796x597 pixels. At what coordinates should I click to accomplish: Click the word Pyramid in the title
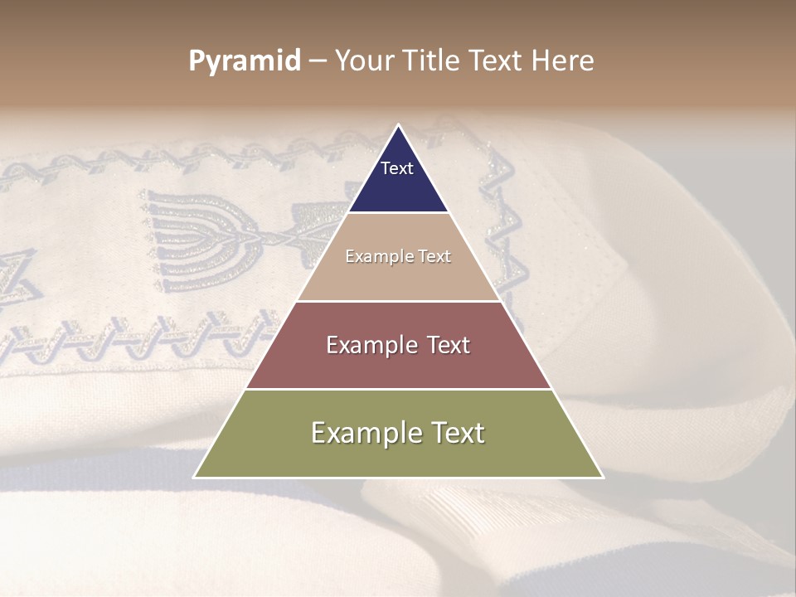coord(245,61)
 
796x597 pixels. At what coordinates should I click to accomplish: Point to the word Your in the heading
coord(365,61)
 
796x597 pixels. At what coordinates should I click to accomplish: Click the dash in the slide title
coord(318,61)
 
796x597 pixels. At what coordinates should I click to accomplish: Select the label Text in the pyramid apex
coord(397,168)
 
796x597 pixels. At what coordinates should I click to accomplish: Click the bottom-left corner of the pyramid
coord(194,478)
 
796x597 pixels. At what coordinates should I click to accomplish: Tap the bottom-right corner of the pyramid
coord(603,478)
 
